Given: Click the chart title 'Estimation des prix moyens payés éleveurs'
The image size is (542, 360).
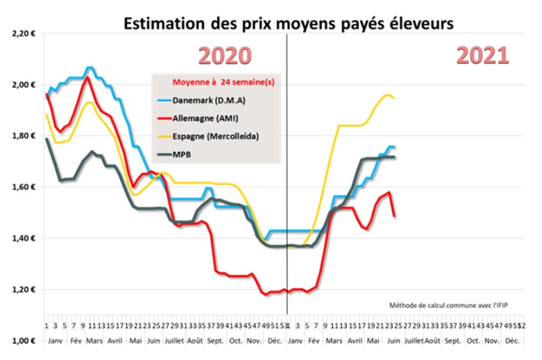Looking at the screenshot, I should tap(288, 23).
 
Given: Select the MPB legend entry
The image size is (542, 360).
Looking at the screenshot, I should tap(182, 154).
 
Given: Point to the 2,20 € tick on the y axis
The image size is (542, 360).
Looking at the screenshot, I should tap(22, 33).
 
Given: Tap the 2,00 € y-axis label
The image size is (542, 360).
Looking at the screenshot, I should tap(22, 85).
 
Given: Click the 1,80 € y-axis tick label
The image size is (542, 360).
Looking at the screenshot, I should tap(22, 136).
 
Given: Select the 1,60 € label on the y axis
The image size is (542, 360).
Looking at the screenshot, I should tap(22, 187).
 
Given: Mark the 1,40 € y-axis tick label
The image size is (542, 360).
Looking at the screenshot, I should tap(22, 239).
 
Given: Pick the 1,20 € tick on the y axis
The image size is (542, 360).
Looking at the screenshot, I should tap(22, 290).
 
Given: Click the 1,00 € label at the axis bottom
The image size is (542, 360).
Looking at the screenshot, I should tap(22, 341).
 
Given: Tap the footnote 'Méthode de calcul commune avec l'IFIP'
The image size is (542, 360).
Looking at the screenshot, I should tap(450, 305).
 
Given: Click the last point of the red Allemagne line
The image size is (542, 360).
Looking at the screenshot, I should tap(395, 216).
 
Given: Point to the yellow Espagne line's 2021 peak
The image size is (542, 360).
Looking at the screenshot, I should tap(388, 95).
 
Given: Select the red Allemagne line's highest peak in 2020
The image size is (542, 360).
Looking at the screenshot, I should tap(87, 77).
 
